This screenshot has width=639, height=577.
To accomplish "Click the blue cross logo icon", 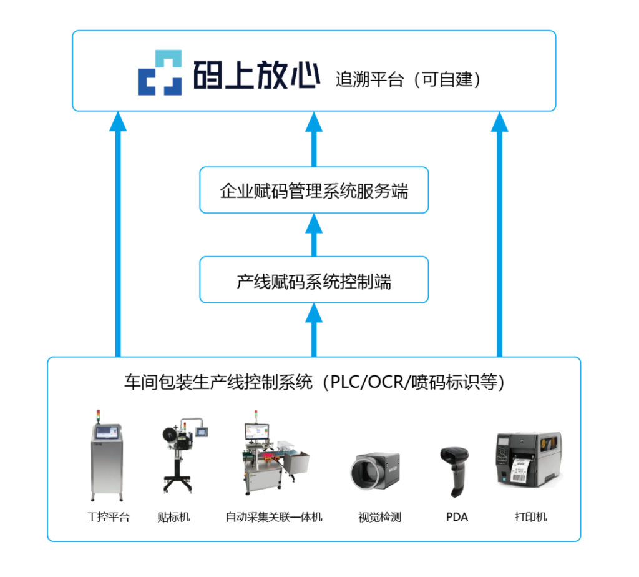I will coord(160,72).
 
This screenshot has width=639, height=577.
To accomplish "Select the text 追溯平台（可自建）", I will coord(408,80).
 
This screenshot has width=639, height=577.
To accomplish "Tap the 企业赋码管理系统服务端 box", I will coord(314,190).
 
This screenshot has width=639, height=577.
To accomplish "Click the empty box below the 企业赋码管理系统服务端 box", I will coord(314,280).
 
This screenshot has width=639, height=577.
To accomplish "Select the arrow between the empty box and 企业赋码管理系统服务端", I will coord(314,235).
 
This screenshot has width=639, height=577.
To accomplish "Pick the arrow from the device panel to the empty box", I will coord(314,328).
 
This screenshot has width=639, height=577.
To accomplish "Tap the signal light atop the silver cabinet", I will coord(98,415).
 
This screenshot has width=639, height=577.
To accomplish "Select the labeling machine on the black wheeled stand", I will coord(180,455).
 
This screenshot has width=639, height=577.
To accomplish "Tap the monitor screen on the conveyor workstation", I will coord(256,431).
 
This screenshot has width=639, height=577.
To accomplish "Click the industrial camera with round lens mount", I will coord(375,471).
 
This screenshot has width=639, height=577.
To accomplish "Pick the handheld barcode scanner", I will coord(453,470).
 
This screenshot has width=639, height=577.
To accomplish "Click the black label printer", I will coord(527,460).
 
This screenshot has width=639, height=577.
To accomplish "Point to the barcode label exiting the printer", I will coord(520,471).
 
